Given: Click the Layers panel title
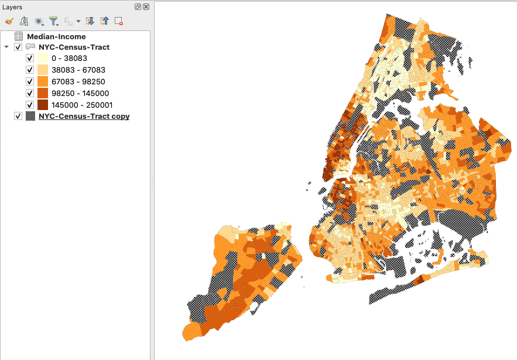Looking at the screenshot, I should pyautogui.click(x=12, y=7).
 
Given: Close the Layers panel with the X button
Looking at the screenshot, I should pyautogui.click(x=146, y=7).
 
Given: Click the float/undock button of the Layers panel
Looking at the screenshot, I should pyautogui.click(x=138, y=7).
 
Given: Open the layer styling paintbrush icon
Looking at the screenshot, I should pyautogui.click(x=9, y=21).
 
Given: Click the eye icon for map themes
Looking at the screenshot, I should pyautogui.click(x=39, y=21).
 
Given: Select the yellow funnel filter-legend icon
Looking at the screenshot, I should pyautogui.click(x=53, y=21).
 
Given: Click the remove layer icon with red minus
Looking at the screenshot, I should pyautogui.click(x=119, y=21).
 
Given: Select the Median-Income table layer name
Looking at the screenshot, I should pyautogui.click(x=60, y=36).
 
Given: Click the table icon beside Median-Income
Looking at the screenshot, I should pyautogui.click(x=19, y=36).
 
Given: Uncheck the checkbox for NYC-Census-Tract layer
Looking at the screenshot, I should pyautogui.click(x=18, y=47).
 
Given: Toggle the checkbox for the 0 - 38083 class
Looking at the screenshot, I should pyautogui.click(x=30, y=59).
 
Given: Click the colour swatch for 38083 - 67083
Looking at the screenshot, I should pyautogui.click(x=43, y=70).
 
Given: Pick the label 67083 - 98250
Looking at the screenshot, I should pyautogui.click(x=78, y=81).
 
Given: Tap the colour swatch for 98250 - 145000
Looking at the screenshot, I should pyautogui.click(x=43, y=93).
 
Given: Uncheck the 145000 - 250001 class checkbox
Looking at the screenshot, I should pyautogui.click(x=30, y=105).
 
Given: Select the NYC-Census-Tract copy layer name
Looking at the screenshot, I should pyautogui.click(x=84, y=116).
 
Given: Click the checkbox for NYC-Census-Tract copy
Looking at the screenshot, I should pyautogui.click(x=18, y=116).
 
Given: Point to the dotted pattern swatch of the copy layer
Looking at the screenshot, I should pyautogui.click(x=30, y=116).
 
